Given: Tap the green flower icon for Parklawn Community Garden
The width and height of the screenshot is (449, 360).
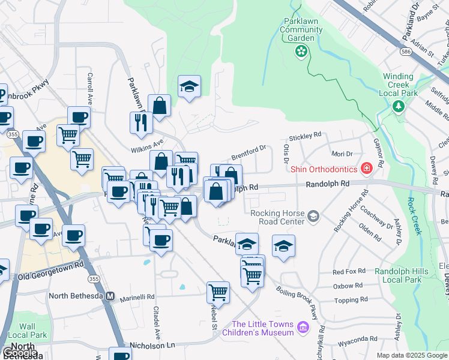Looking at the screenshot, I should [x=300, y=53].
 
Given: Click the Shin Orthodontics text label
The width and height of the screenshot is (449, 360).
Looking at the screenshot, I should [x=324, y=169].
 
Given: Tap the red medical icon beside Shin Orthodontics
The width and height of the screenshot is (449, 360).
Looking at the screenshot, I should [x=365, y=169].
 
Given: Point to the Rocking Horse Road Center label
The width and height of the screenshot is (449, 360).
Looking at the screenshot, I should [x=277, y=217].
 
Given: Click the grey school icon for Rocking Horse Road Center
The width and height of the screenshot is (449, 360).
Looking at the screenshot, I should [x=313, y=215].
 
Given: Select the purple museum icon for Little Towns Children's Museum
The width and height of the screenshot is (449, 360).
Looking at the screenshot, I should [x=303, y=328].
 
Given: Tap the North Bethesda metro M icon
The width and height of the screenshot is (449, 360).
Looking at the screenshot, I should [x=110, y=296].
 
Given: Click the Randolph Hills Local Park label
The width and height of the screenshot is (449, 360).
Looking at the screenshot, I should [x=402, y=275].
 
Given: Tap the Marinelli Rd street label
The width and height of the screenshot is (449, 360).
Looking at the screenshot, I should [x=136, y=296].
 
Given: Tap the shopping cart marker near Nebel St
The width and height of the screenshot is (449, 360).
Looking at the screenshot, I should [x=218, y=292].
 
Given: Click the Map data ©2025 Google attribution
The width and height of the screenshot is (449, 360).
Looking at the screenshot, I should [x=411, y=355].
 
